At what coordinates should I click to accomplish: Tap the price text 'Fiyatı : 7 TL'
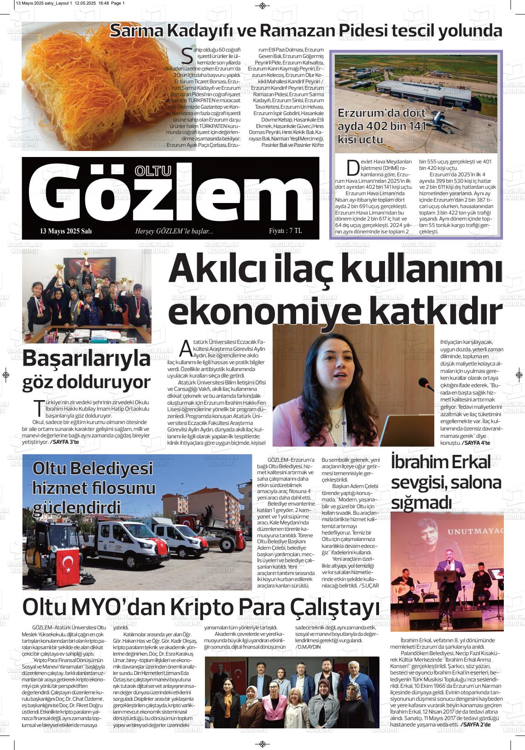pos(286,231)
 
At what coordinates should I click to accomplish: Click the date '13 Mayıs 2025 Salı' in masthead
pos(66,231)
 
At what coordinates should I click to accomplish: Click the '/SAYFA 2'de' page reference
pos(475,725)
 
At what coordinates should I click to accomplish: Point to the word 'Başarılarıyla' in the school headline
pos(87,358)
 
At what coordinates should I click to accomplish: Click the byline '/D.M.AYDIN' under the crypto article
pos(308,647)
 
